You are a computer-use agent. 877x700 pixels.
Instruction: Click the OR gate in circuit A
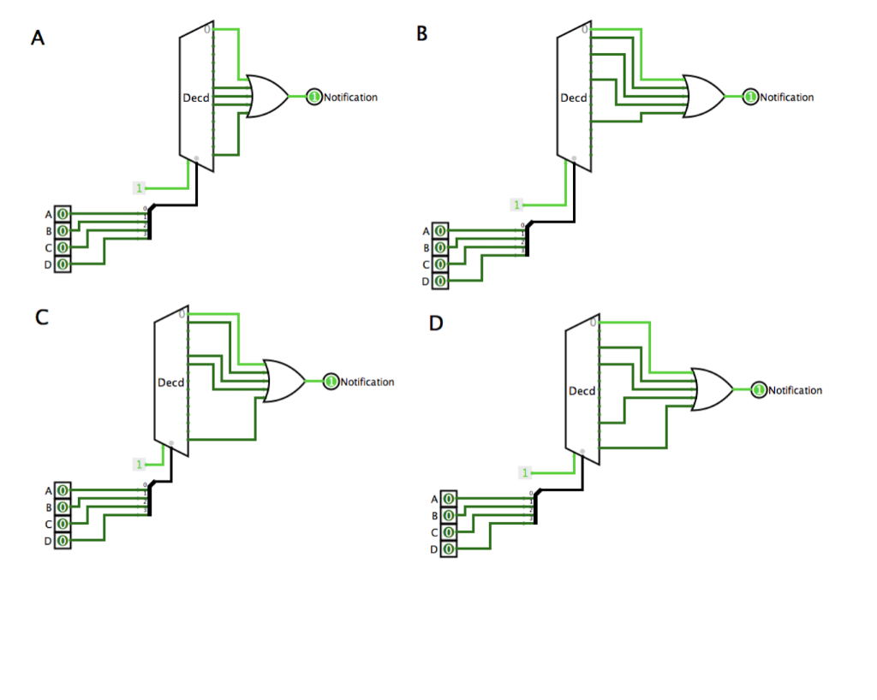(x=266, y=96)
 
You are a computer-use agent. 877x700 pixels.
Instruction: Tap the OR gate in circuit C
(x=283, y=381)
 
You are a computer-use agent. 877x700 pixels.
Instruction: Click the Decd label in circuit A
(x=195, y=98)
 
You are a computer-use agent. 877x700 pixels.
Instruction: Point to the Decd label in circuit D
(x=582, y=391)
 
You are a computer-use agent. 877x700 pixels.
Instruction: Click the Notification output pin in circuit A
(x=313, y=97)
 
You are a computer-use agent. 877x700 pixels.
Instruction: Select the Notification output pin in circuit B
(x=750, y=97)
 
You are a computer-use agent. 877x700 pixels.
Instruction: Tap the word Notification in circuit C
(x=367, y=382)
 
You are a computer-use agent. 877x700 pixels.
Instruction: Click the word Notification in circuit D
(x=795, y=390)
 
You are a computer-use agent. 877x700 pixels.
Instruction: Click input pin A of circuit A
(x=63, y=214)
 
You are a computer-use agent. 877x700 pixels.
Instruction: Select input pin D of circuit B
(x=439, y=281)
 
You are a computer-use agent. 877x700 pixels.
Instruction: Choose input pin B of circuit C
(x=63, y=507)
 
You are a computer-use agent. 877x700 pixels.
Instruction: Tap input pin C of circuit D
(x=448, y=532)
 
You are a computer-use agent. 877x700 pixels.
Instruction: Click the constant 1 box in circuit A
(x=139, y=187)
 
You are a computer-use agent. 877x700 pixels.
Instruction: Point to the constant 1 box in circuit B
(x=516, y=205)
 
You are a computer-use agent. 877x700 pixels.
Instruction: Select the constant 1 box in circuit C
(x=139, y=464)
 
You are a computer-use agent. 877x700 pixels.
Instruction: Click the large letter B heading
(x=421, y=33)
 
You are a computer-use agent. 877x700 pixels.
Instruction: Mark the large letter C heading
(x=41, y=317)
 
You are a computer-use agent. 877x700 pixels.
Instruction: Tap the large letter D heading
(x=436, y=324)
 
